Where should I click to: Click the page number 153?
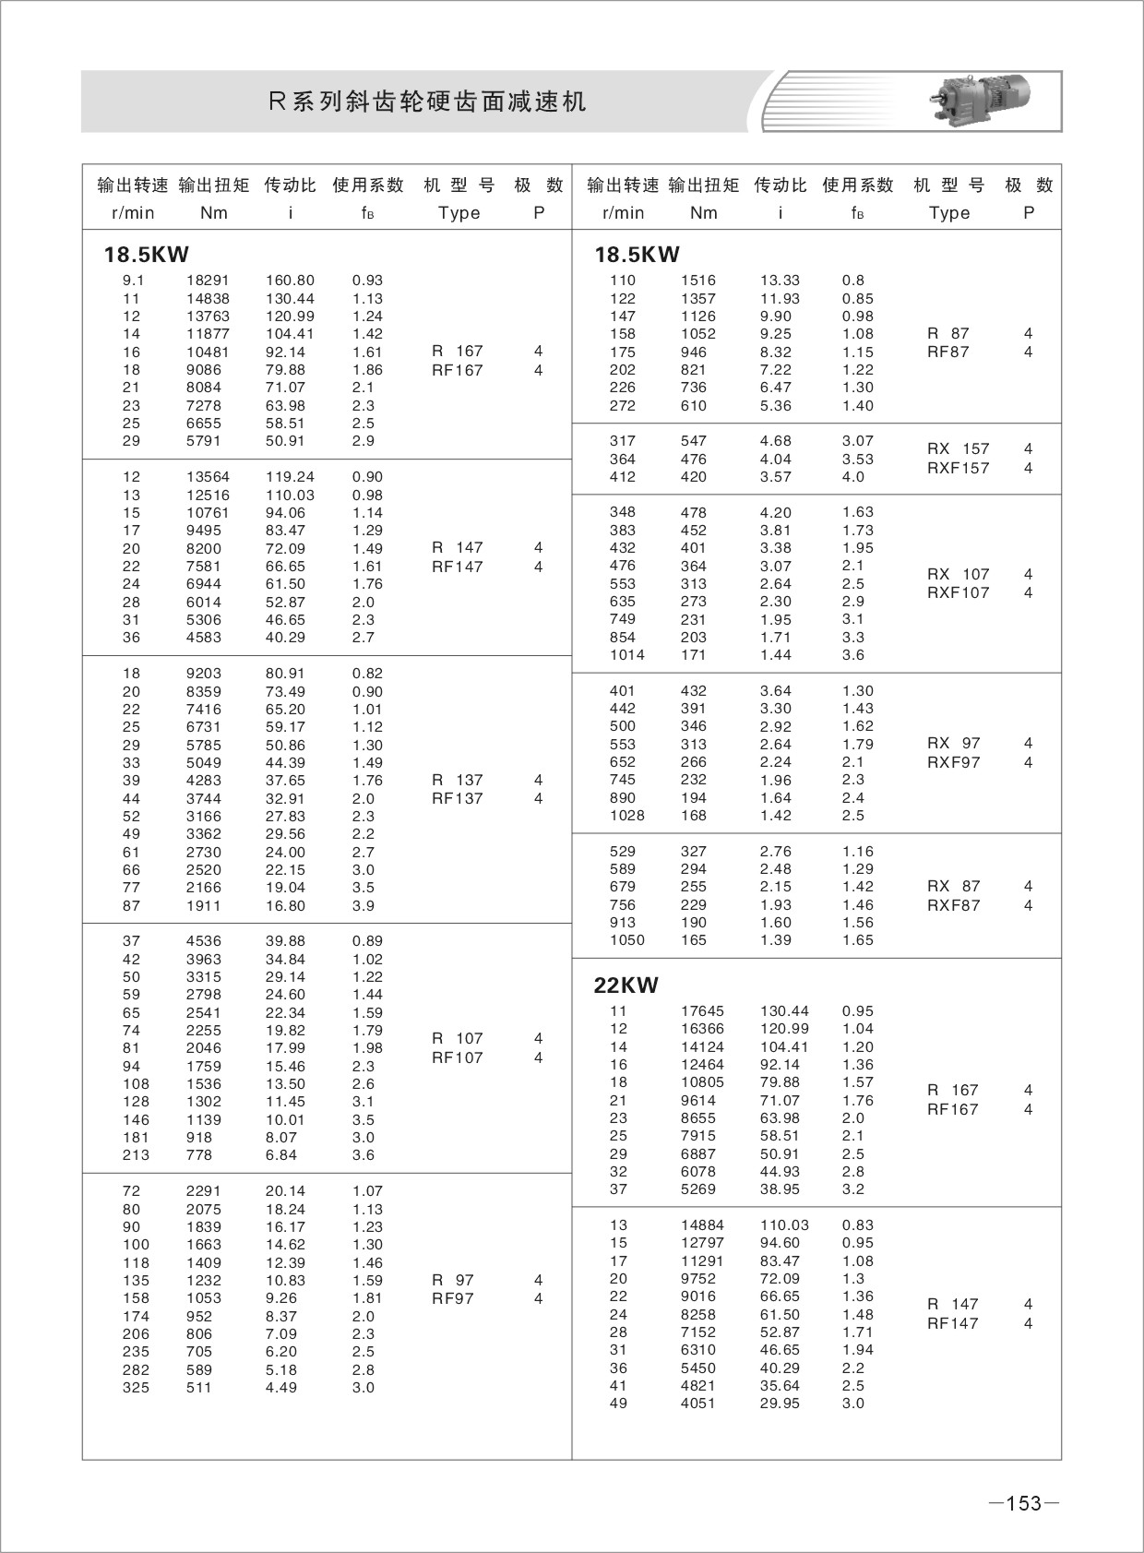[1023, 1503]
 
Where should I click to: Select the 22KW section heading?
[626, 986]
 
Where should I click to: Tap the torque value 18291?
[208, 281]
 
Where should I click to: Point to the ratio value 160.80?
[290, 281]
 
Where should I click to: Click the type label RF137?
[458, 798]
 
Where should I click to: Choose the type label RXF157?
[958, 468]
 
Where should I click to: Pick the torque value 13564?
[208, 477]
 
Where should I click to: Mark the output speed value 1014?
[627, 655]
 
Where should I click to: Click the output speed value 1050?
[627, 940]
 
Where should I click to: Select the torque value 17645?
[702, 1011]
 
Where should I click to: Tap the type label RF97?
[453, 1298]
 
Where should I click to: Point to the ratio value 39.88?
[285, 941]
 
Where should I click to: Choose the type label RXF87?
[953, 905]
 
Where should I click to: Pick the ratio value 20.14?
[285, 1191]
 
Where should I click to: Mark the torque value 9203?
[203, 674]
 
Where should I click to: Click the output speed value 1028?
[627, 816]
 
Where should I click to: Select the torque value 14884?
[702, 1225]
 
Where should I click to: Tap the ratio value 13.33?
[780, 281]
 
